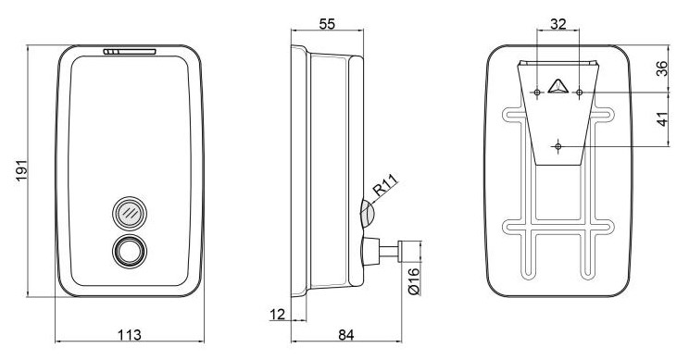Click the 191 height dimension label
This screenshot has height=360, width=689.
tap(21, 170)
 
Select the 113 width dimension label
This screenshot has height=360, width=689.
tap(130, 334)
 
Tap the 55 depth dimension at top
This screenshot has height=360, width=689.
tap(327, 24)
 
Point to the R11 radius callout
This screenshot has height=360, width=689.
tap(386, 185)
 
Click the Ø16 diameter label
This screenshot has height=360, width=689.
tap(414, 281)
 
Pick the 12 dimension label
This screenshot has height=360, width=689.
tap(277, 314)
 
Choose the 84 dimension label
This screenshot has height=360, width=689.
tap(346, 334)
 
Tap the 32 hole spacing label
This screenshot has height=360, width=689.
tap(558, 24)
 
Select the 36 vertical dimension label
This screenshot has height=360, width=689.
tap(662, 68)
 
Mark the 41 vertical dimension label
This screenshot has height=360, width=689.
tap(662, 119)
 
